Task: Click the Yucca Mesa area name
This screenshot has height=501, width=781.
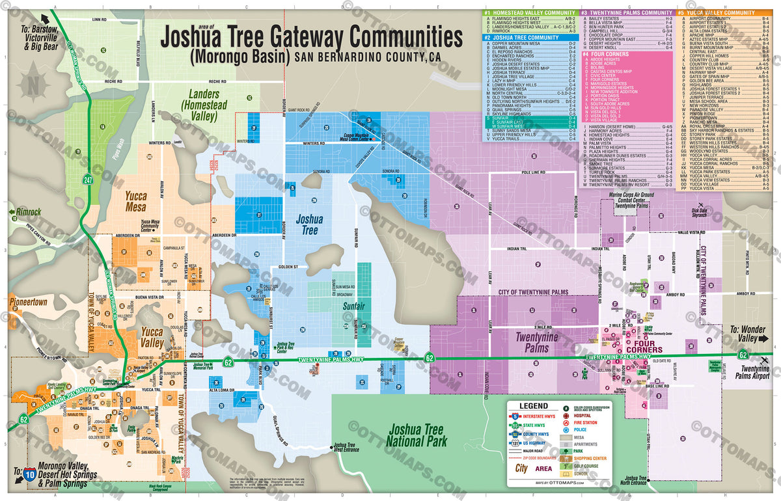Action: (135, 201)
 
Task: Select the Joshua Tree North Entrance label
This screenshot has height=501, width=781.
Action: (634, 480)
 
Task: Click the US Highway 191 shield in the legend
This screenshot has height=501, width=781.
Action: (514, 444)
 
